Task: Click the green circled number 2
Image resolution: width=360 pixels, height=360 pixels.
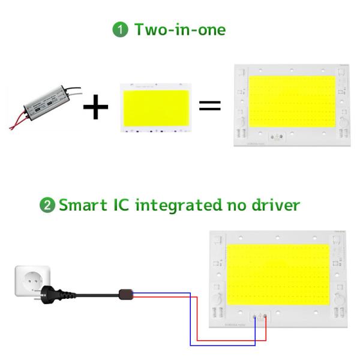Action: (46, 205)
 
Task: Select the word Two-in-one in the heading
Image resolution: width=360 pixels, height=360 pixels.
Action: (180, 29)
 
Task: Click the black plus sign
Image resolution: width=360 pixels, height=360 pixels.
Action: (96, 107)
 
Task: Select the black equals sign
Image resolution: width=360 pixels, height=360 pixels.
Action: (210, 106)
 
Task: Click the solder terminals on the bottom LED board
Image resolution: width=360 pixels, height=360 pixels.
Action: (260, 317)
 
